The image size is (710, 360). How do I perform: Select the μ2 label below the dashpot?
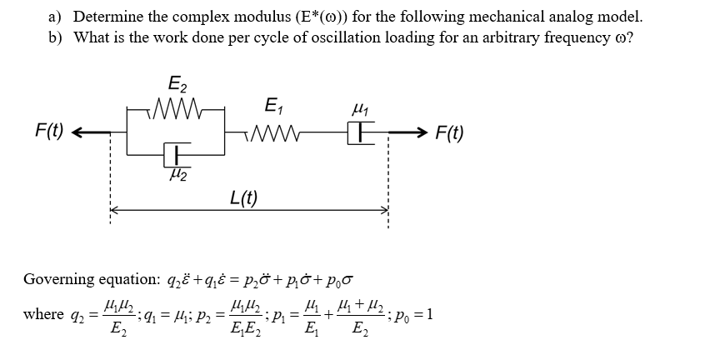pos(177,175)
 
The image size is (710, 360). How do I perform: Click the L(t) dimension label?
pos(243,197)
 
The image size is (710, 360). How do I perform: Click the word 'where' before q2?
pos(43,314)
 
